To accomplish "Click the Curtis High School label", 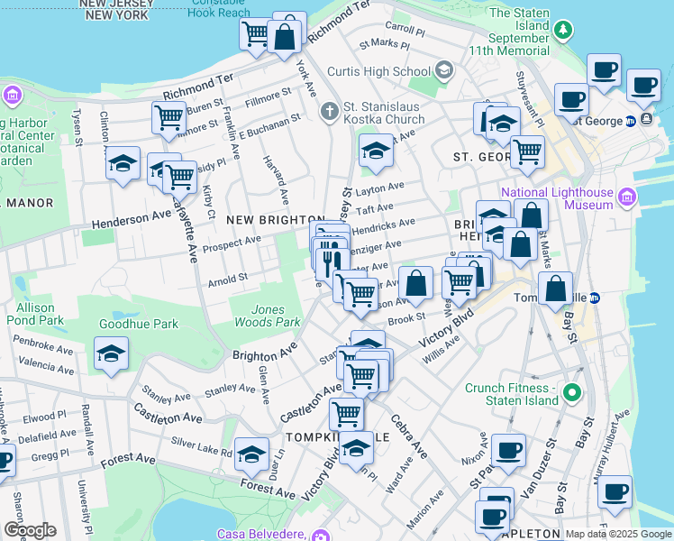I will [x=390, y=71].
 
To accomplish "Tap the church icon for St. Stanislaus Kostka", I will [x=330, y=111].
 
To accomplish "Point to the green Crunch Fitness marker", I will [x=570, y=394].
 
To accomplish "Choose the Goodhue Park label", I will [x=139, y=322].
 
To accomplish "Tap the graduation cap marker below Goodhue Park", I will [x=111, y=354].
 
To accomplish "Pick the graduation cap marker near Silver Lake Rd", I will [x=252, y=454].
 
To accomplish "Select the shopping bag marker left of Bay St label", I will [x=557, y=289].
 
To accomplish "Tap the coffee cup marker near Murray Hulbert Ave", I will [x=615, y=493].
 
